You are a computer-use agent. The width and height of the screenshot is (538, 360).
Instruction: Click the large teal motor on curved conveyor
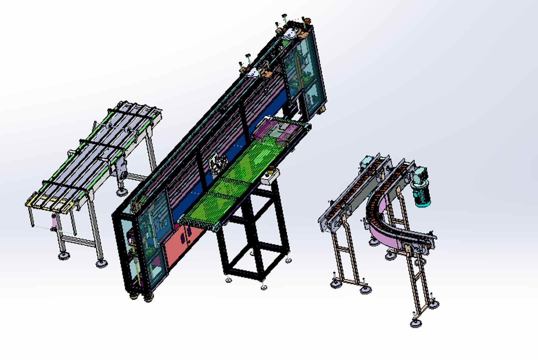pos(422,195)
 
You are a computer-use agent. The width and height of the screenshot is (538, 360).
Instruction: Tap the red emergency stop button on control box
pos(271,172)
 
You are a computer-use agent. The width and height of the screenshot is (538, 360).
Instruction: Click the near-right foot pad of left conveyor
pos(101,263)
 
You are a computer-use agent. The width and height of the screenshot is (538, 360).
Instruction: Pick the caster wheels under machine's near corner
pos(140,297)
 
